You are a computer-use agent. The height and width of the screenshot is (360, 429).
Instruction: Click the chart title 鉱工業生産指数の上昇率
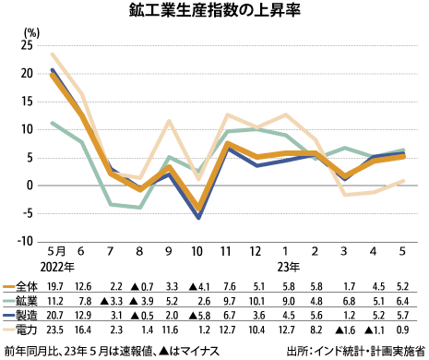[214, 12]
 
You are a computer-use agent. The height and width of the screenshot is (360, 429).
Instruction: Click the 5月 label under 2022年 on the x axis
[54, 251]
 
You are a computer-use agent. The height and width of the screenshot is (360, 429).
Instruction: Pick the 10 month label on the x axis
[197, 251]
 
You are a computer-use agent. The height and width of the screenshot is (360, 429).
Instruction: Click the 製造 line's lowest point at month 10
[197, 218]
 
